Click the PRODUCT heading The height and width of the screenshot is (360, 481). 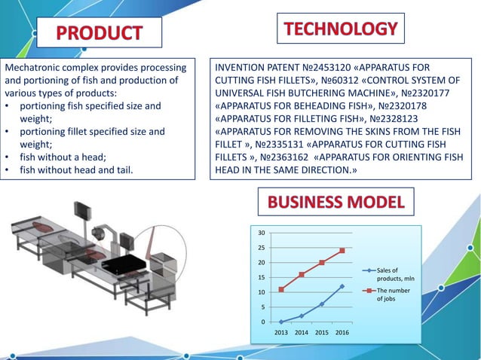click(99, 33)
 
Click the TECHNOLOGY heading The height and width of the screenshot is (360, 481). click(341, 29)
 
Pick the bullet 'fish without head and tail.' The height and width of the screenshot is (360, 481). click(76, 170)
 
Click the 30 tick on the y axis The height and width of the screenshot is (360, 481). click(261, 233)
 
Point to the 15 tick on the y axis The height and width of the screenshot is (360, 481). click(261, 277)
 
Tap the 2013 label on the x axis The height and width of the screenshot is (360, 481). click(281, 331)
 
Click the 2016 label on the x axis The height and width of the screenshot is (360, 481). click(342, 331)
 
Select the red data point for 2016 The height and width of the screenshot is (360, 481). click(342, 251)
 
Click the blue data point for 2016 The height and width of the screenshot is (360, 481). click(342, 286)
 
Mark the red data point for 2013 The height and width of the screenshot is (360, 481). click(281, 289)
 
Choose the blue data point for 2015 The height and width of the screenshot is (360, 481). click(322, 304)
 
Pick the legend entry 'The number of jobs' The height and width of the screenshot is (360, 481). click(393, 294)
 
